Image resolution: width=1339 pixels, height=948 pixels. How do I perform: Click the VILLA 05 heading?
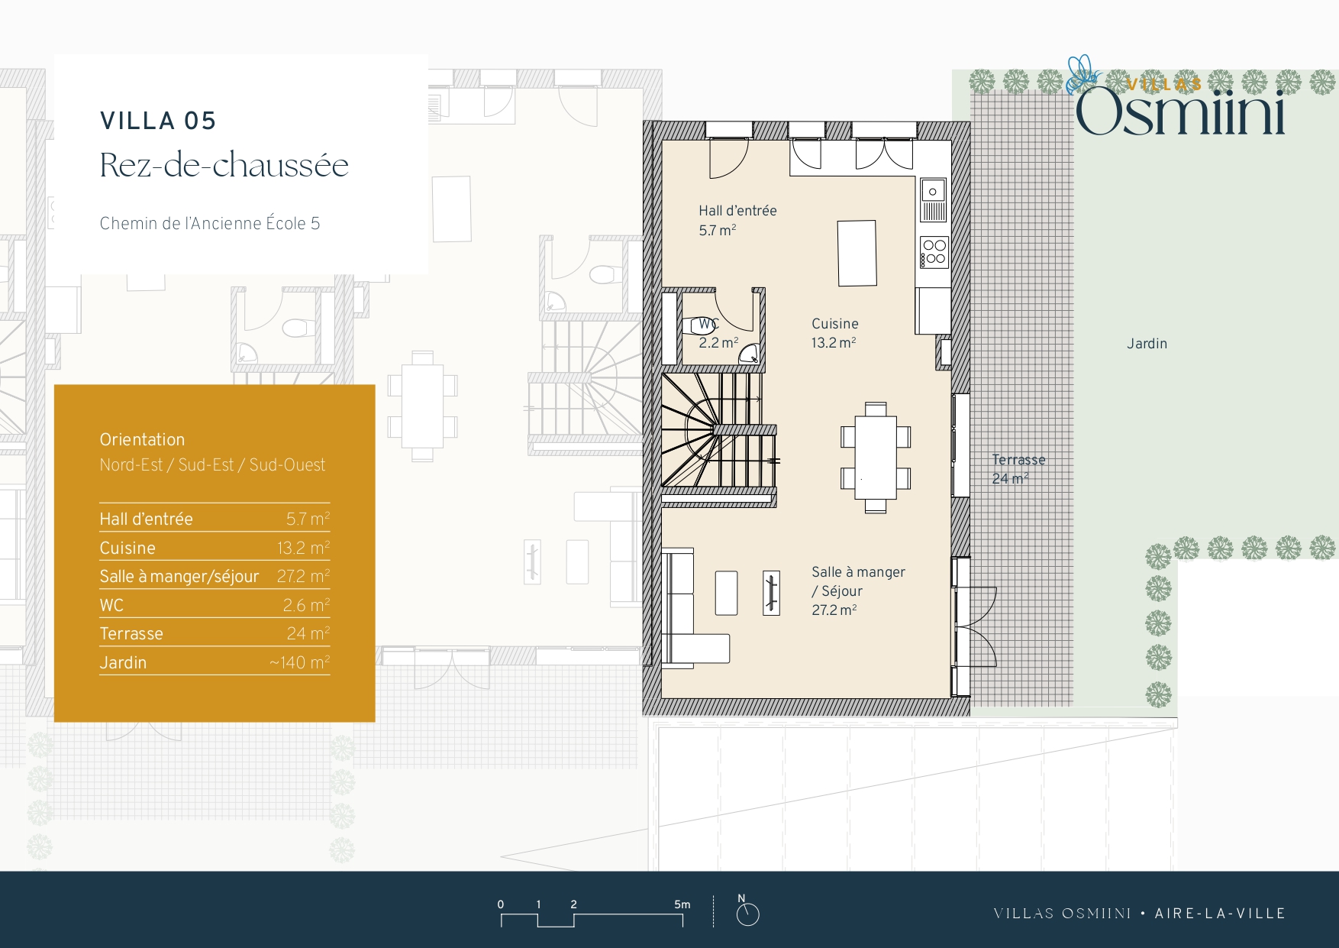158,121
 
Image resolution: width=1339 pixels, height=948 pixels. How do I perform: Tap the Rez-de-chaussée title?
224,165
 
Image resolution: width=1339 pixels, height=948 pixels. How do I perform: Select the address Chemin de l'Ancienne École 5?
210,223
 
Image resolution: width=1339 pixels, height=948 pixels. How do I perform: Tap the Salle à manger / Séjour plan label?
858,590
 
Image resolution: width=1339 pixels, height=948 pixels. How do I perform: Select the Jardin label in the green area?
1147,344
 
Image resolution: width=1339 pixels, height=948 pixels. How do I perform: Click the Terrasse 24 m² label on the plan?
1018,469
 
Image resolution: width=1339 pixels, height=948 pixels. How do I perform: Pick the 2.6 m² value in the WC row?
306,605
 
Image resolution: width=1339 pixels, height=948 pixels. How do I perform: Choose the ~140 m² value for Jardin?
299,662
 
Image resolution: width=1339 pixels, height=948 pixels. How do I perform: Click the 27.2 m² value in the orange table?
303,576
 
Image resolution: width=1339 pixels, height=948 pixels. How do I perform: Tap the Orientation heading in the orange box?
142,439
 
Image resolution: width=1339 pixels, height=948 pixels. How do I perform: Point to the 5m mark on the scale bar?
682,904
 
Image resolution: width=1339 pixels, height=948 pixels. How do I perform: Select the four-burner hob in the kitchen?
934,252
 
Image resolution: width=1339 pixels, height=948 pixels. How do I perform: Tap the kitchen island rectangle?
857,253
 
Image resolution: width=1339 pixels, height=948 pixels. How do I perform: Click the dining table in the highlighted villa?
876,458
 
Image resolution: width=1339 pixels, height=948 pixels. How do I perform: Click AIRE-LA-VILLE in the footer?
1220,914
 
